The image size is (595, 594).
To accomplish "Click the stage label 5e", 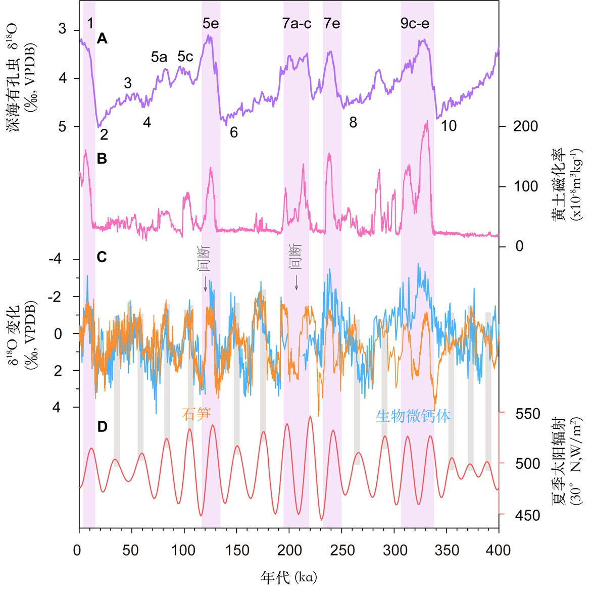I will (x=211, y=23).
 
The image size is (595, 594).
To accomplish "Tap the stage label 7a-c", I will (x=296, y=23).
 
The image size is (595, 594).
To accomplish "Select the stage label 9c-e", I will (x=415, y=23).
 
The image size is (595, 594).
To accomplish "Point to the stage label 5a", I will (x=159, y=57).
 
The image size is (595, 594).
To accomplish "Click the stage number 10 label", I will (x=449, y=126).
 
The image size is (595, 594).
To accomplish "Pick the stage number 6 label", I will (x=234, y=132).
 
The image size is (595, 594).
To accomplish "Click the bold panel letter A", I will (x=102, y=38).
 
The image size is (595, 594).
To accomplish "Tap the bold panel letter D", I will (x=102, y=427).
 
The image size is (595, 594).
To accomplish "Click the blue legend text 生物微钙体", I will (x=413, y=416).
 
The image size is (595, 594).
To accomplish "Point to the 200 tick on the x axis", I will (x=289, y=550).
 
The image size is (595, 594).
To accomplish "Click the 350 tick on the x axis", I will (x=447, y=550).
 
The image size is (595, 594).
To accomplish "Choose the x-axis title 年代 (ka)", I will (x=289, y=577).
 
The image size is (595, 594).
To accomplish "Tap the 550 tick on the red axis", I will (x=528, y=414).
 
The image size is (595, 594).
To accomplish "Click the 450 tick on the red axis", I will (x=528, y=515).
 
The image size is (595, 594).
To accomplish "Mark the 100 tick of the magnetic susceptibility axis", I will (x=525, y=186).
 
